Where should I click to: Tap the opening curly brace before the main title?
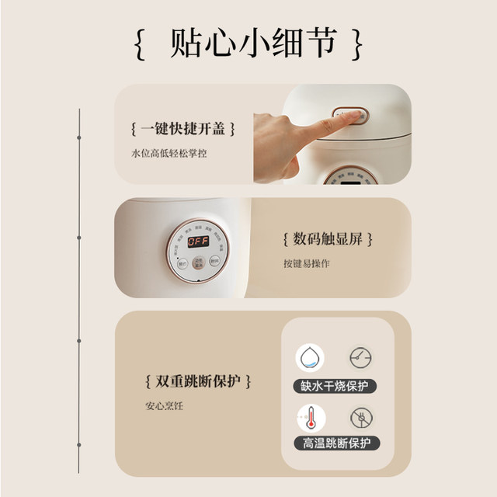(139, 44)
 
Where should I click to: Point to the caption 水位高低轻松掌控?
(169, 154)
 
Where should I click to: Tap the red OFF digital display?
(198, 242)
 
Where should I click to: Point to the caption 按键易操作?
(307, 263)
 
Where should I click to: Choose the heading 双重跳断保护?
(199, 381)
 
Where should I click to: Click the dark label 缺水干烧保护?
(335, 385)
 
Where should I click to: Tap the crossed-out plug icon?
(360, 419)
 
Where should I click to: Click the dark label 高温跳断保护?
(335, 444)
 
